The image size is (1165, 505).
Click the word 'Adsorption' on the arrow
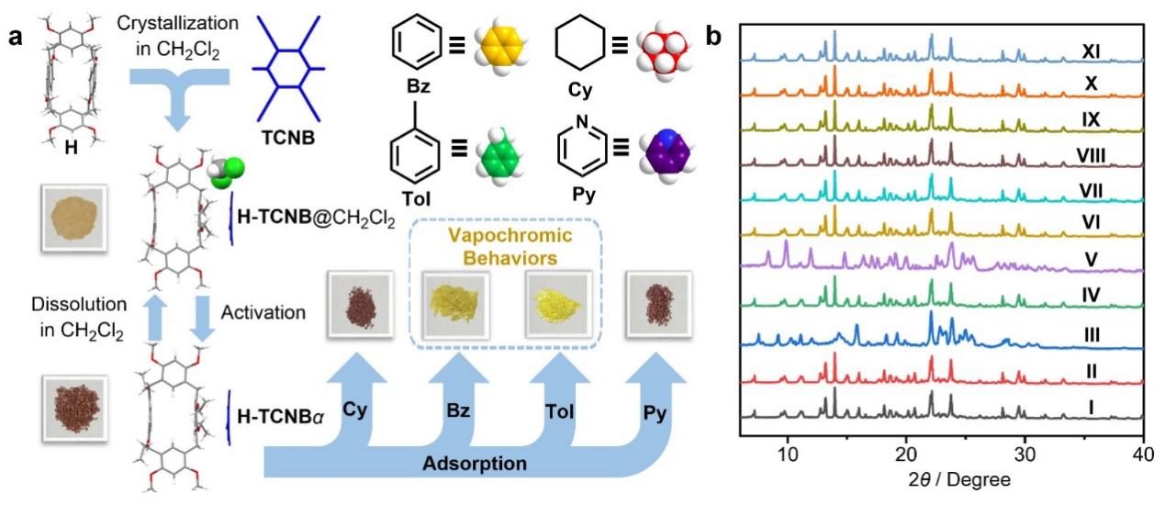coord(475,463)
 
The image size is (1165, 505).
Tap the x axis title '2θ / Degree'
coord(941,479)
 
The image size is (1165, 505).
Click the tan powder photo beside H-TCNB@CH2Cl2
coord(73,218)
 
